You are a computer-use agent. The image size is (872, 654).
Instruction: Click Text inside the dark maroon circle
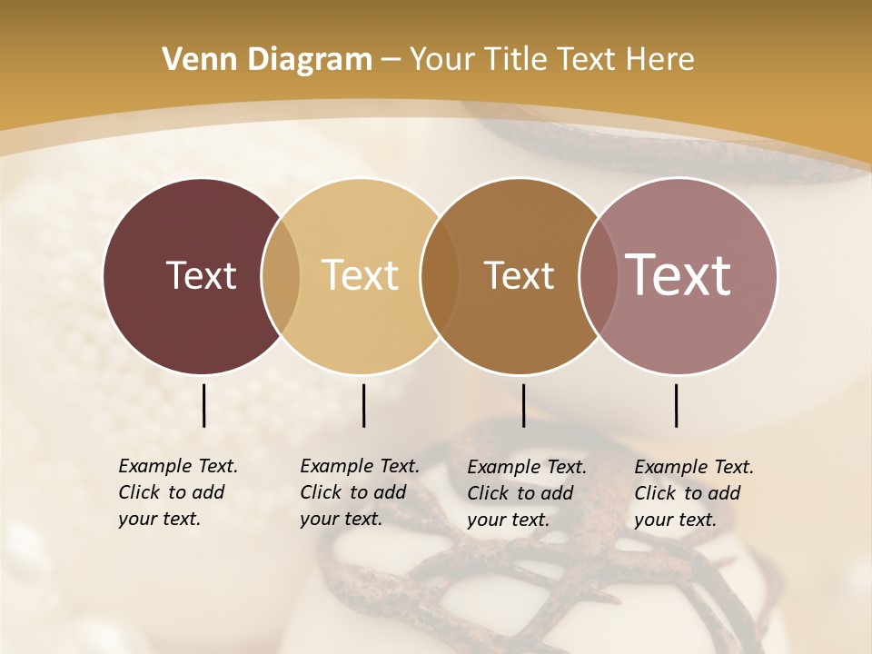tap(201, 275)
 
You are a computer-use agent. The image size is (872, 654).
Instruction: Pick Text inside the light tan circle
tap(360, 275)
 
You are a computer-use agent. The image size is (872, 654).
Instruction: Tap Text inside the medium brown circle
tap(519, 275)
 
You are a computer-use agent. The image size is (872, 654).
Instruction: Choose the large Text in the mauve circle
tap(678, 275)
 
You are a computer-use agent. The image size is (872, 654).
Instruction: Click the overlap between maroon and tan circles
tap(281, 276)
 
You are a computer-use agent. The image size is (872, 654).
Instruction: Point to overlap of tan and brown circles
tap(440, 276)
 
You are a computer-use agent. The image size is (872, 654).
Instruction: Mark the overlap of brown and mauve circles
tap(598, 276)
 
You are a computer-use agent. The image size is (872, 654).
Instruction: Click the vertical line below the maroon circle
tap(204, 405)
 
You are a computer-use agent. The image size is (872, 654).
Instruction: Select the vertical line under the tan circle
tap(363, 405)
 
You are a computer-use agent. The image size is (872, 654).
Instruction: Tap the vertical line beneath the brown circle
tap(524, 405)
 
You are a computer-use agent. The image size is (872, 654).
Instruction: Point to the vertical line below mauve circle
tap(677, 405)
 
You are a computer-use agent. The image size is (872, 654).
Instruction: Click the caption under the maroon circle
tap(178, 492)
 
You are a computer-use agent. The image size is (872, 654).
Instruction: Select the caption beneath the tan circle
tap(360, 492)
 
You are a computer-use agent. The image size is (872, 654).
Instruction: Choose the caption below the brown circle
tap(527, 493)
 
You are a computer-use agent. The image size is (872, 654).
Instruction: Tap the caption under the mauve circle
tap(694, 493)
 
